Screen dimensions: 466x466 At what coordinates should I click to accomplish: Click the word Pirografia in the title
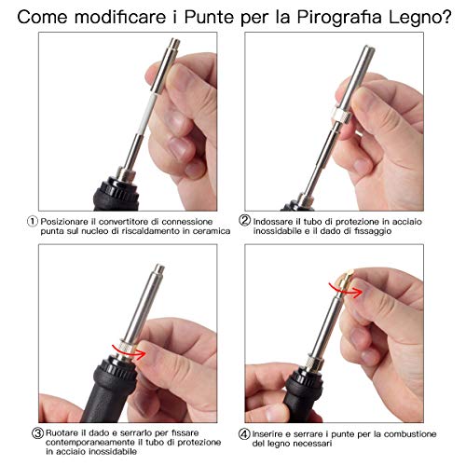(x=339, y=18)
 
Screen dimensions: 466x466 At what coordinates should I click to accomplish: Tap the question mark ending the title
(x=446, y=17)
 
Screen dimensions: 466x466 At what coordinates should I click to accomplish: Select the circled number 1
(x=33, y=222)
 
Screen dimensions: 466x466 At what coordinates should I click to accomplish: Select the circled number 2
(x=244, y=220)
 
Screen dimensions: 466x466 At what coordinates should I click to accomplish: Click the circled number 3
(x=37, y=432)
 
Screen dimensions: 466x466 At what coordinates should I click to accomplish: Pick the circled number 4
(x=244, y=434)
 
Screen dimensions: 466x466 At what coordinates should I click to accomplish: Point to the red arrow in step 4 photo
(x=346, y=290)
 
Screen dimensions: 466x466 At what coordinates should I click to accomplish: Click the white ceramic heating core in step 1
(x=144, y=113)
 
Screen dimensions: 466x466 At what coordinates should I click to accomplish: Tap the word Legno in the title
(x=414, y=19)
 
